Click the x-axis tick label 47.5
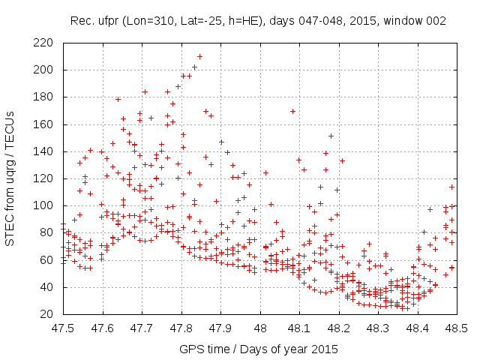point(63,328)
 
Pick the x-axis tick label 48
point(260,328)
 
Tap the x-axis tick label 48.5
point(456,328)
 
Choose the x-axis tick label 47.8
point(181,328)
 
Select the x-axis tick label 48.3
point(378,328)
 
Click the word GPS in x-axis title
point(190,349)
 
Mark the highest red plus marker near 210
point(199,56)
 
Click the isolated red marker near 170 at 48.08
point(292,111)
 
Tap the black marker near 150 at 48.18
point(331,136)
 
